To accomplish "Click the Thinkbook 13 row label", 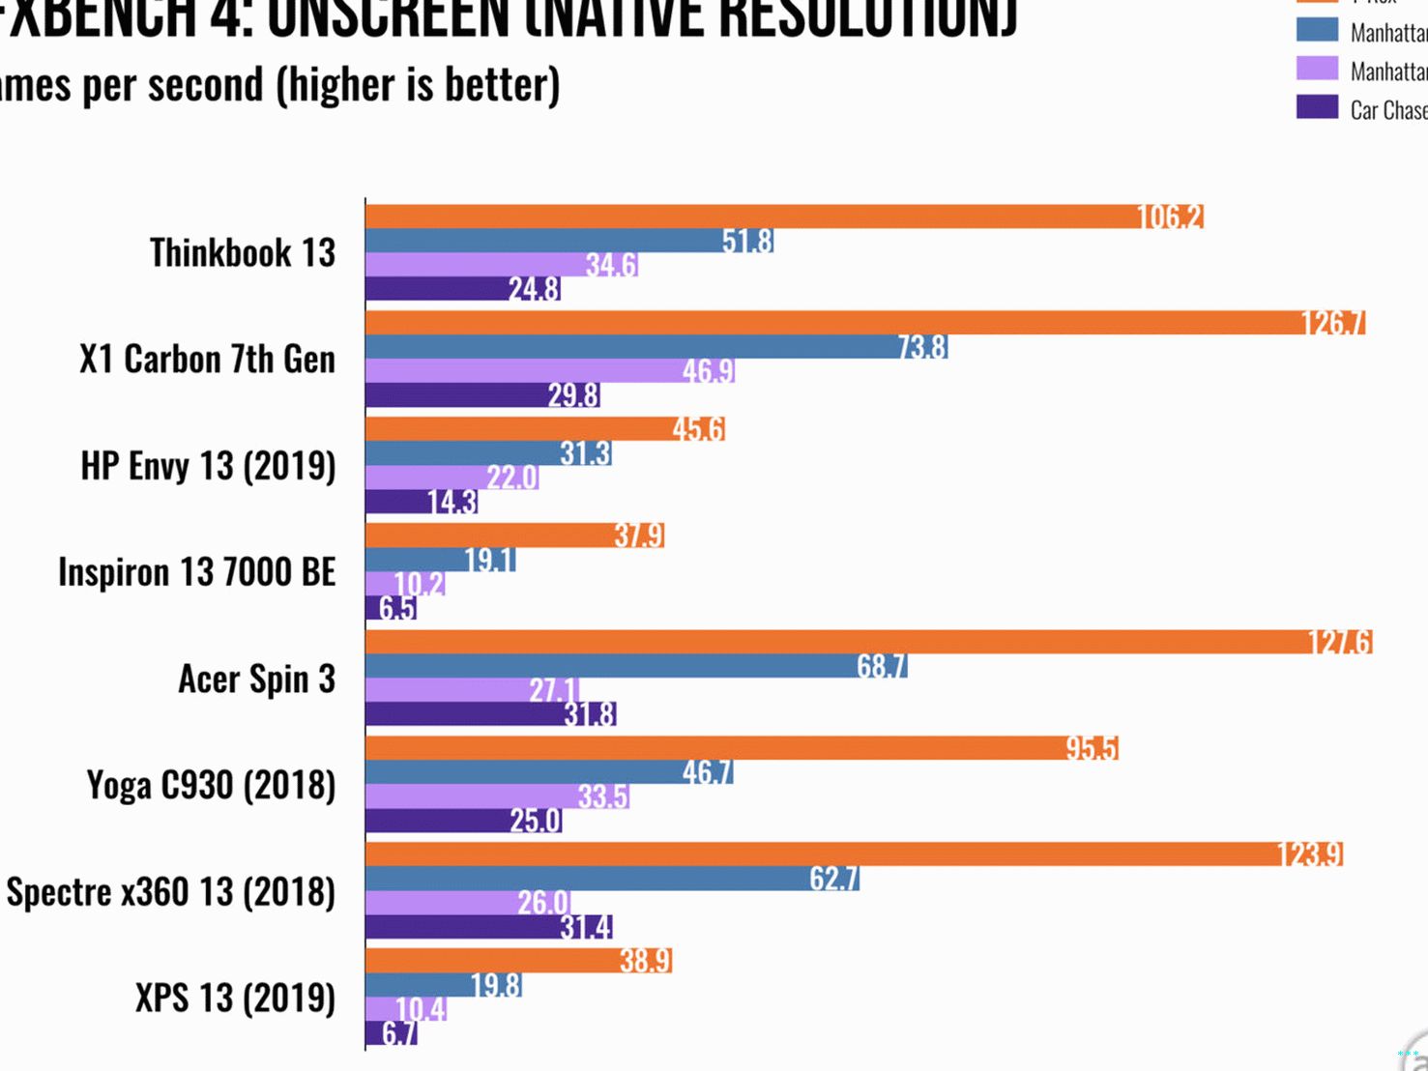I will (x=243, y=253).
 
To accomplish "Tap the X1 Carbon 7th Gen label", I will (x=208, y=360).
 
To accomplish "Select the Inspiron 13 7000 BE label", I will (x=197, y=572).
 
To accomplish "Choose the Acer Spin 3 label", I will (x=257, y=679).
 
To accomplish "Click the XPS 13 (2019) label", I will (x=236, y=998).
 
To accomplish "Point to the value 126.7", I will (x=1333, y=323).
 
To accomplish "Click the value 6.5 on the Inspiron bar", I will (x=397, y=608).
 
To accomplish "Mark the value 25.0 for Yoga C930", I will (x=536, y=821).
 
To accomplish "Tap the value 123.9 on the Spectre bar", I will (x=1310, y=854).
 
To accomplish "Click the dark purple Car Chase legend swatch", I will (x=1317, y=107).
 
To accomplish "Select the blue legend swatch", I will (x=1317, y=30).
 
